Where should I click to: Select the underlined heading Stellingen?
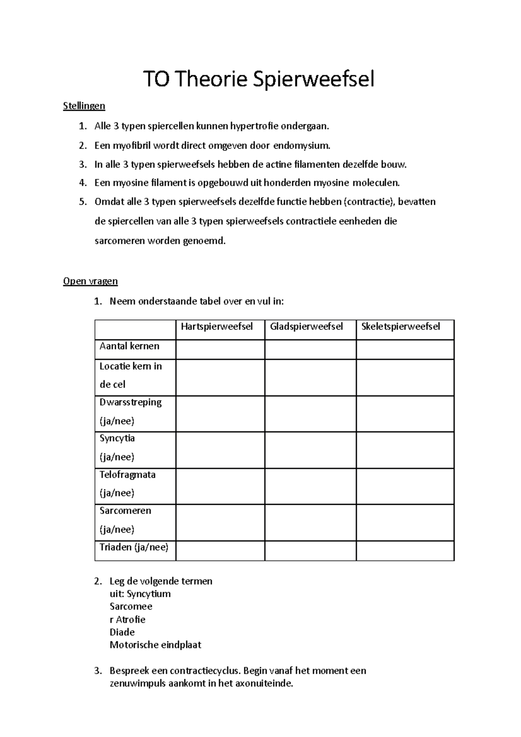[x=84, y=106]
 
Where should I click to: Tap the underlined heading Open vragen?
[x=90, y=281]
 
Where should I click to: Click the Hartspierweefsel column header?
[x=217, y=326]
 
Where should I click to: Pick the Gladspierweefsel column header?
[x=306, y=326]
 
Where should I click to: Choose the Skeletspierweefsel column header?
[x=400, y=326]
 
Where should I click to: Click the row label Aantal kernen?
[x=129, y=346]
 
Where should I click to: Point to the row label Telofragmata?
[x=127, y=475]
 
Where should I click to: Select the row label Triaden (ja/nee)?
[x=134, y=547]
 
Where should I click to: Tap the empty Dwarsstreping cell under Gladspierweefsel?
[x=310, y=414]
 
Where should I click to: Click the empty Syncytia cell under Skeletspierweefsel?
[x=405, y=450]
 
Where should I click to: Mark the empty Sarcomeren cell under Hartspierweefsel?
[x=220, y=522]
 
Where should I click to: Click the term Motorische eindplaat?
[x=155, y=645]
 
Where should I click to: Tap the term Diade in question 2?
[x=122, y=632]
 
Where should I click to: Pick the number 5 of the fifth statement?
[x=82, y=202]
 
